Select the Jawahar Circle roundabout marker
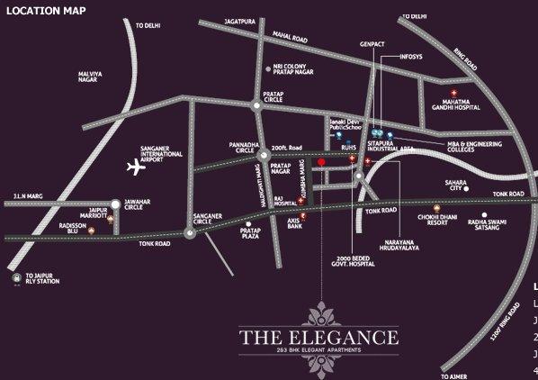(115, 204)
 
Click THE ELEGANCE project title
(318, 339)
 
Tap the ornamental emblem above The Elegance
(320, 315)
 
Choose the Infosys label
(411, 56)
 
